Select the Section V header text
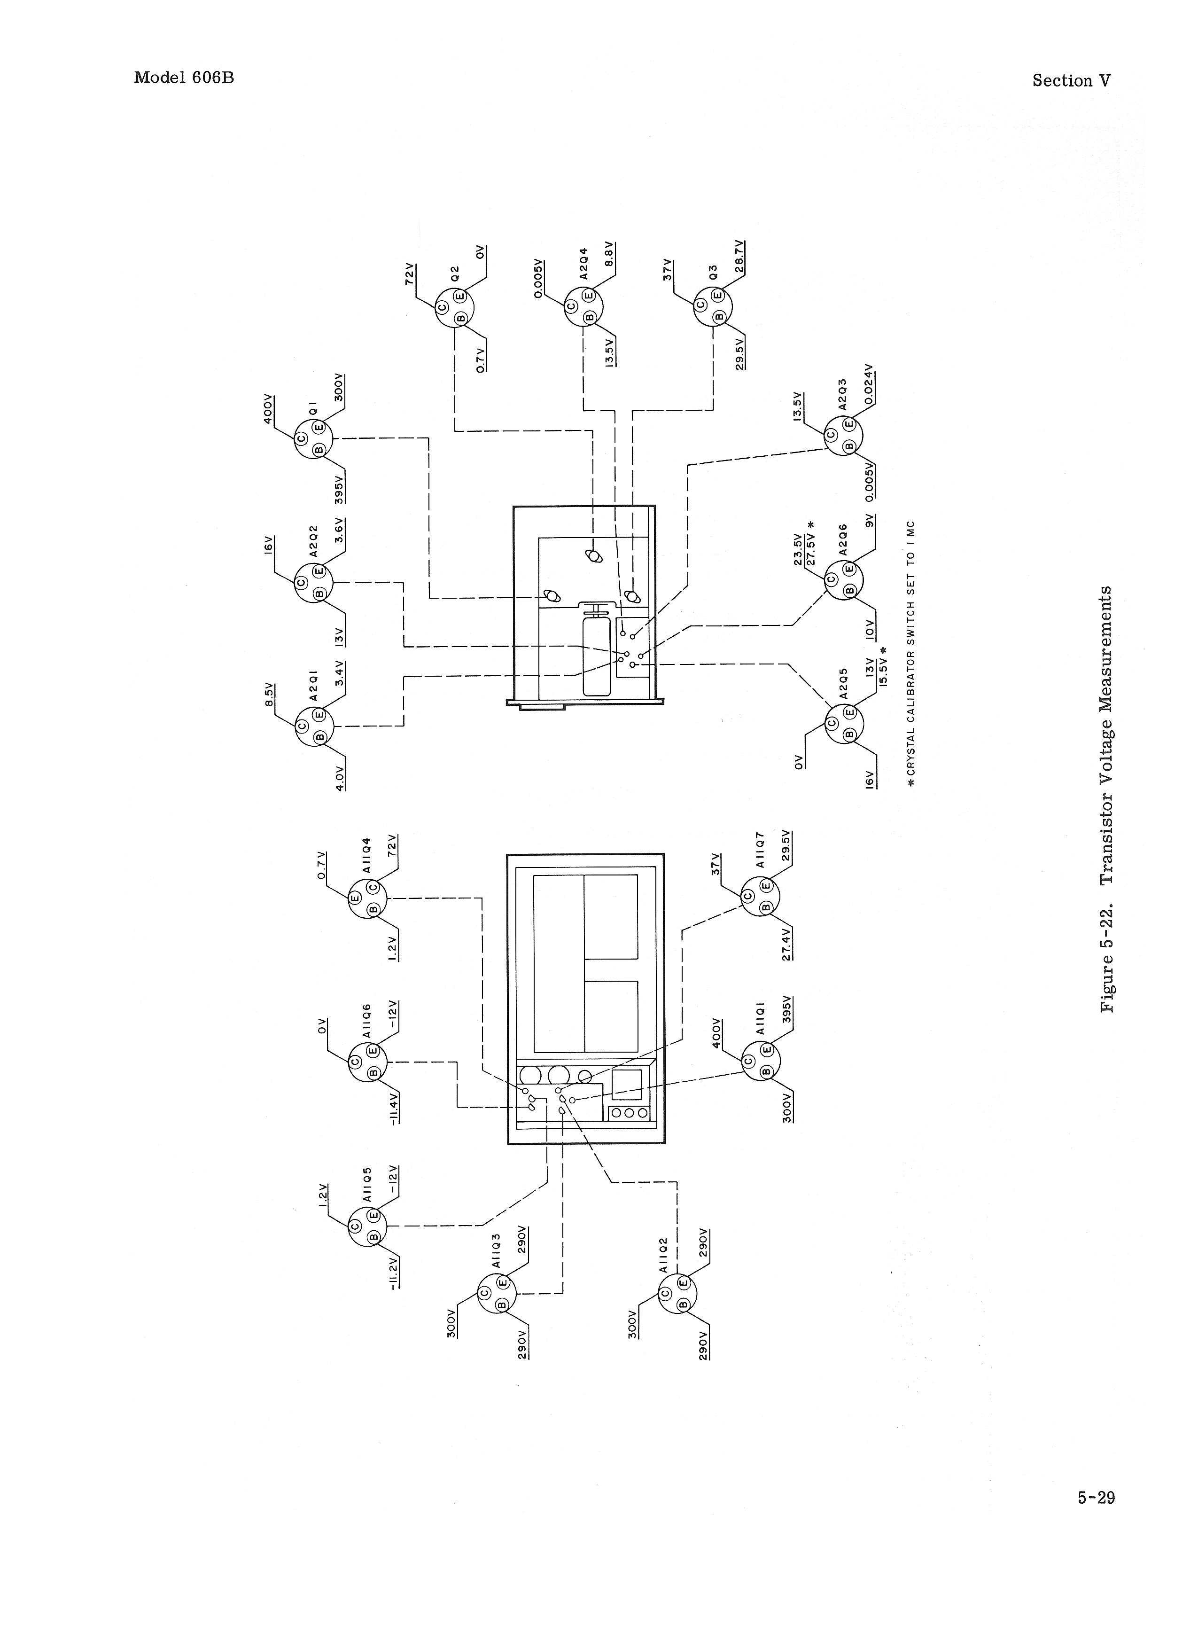[1071, 81]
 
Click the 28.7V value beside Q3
[739, 257]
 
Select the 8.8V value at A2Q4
[609, 254]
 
